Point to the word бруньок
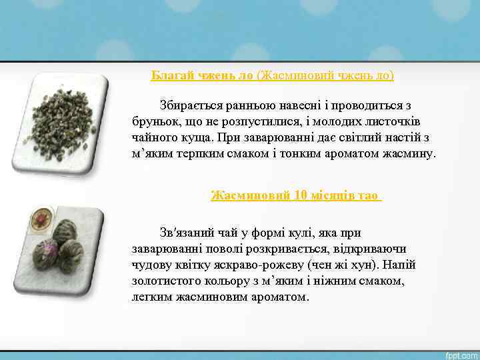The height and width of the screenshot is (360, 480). [153, 121]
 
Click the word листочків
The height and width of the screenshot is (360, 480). [394, 121]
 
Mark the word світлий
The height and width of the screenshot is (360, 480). [350, 137]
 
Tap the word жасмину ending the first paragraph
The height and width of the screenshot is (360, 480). [407, 153]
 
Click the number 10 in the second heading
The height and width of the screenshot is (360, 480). [301, 195]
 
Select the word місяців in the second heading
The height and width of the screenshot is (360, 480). [331, 195]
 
